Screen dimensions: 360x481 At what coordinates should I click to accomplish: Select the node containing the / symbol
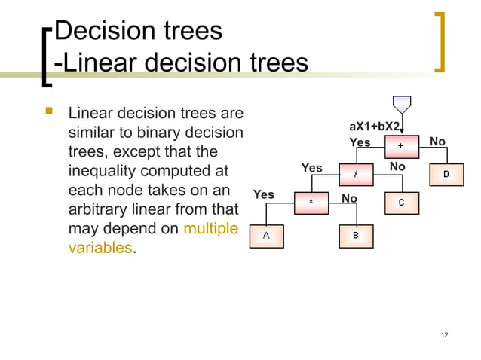[355, 174]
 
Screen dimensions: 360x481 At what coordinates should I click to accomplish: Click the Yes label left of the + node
[360, 142]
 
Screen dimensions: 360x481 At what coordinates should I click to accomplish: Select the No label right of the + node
[437, 142]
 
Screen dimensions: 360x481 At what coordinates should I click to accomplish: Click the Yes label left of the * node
[264, 195]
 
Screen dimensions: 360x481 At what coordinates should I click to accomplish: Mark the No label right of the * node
[350, 198]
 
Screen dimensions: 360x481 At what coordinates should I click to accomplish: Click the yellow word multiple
[210, 228]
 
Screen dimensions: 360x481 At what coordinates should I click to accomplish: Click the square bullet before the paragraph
[51, 113]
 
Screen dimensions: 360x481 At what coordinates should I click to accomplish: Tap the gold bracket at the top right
[440, 41]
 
